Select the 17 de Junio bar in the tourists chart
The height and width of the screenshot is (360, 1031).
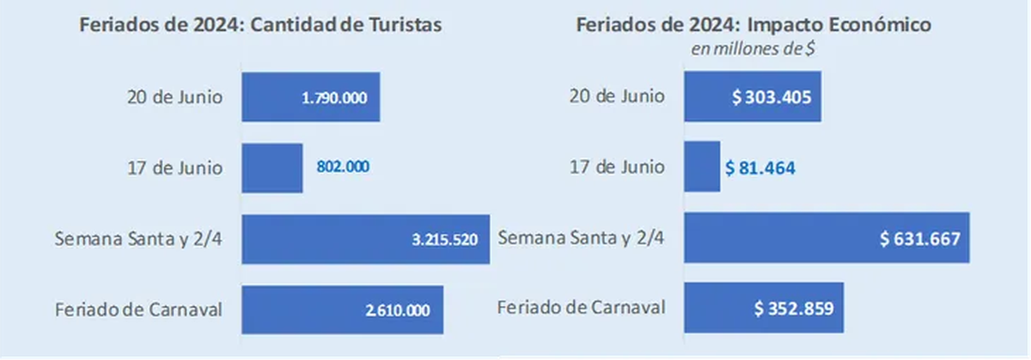(272, 168)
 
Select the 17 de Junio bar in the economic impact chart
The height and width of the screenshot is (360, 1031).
(702, 168)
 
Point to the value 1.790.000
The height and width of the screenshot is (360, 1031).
(334, 98)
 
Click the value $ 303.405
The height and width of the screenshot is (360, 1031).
(772, 97)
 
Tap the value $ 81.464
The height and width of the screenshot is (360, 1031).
(761, 168)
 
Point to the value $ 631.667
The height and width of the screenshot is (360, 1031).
(919, 239)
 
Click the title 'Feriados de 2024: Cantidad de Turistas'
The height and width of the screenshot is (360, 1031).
(261, 25)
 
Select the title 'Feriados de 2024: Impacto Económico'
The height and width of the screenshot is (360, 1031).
(753, 25)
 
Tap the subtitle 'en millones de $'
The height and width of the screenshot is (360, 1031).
(753, 48)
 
